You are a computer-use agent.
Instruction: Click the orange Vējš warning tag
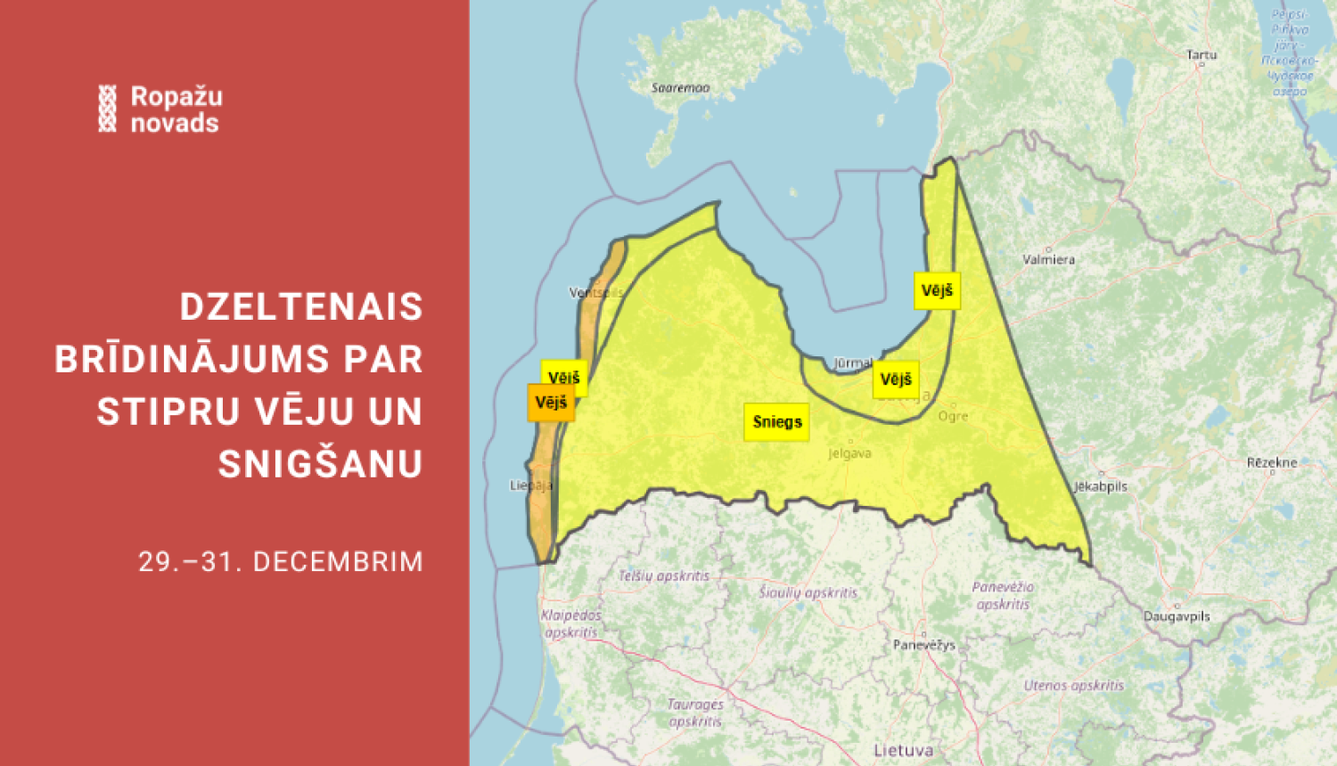(x=551, y=403)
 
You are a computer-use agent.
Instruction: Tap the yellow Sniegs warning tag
(x=777, y=422)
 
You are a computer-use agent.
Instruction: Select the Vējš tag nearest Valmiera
(x=937, y=290)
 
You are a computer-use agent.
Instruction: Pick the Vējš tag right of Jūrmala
(x=896, y=379)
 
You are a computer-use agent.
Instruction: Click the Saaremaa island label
(x=680, y=88)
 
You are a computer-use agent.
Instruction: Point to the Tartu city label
(x=1202, y=55)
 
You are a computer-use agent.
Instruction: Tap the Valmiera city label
(x=1049, y=260)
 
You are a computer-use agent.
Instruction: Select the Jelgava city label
(x=849, y=453)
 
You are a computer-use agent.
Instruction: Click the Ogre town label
(x=953, y=416)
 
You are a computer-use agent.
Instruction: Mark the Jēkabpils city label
(x=1101, y=486)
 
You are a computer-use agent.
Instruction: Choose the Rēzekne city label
(x=1272, y=462)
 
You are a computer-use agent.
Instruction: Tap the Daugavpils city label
(x=1177, y=616)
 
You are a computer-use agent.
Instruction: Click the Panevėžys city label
(x=923, y=645)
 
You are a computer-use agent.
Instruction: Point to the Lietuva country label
(x=903, y=750)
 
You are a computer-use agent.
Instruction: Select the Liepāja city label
(x=531, y=485)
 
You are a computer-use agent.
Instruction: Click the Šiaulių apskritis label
(x=808, y=592)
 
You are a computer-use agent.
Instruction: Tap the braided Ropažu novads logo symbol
(x=107, y=109)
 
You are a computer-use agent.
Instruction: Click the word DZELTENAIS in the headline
(x=301, y=307)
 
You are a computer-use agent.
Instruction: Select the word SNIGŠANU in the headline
(x=320, y=464)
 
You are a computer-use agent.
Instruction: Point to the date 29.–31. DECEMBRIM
(x=281, y=562)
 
